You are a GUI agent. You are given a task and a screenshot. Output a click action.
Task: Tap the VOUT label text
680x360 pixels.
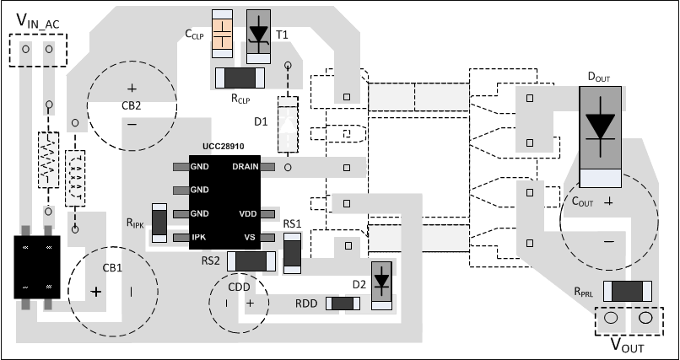click(627, 347)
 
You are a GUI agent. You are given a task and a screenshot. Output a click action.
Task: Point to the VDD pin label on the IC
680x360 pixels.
click(248, 214)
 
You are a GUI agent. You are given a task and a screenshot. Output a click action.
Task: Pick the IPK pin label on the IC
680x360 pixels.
click(199, 238)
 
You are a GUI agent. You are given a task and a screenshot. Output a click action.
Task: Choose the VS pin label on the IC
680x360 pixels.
click(250, 238)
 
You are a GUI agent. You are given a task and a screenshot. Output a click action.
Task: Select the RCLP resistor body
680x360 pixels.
click(241, 78)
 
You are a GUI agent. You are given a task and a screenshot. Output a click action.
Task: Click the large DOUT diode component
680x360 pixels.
click(600, 126)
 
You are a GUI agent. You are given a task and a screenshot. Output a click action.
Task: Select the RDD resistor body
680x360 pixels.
click(343, 303)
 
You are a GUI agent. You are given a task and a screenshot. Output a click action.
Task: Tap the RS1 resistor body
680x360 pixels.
click(292, 251)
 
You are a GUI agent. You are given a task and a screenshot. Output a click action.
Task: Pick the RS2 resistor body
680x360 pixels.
click(252, 261)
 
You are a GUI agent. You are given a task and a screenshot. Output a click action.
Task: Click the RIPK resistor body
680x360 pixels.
click(158, 222)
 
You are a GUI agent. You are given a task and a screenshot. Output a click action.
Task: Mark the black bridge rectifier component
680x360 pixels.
click(36, 266)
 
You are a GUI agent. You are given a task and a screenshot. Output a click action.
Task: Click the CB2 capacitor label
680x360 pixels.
click(132, 106)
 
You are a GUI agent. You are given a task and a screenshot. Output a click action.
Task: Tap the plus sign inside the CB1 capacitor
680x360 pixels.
click(96, 292)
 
